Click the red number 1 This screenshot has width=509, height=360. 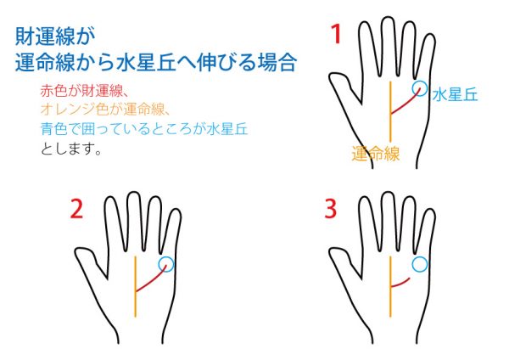pyautogui.click(x=336, y=34)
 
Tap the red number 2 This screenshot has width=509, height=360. pyautogui.click(x=76, y=209)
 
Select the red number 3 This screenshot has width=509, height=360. pyautogui.click(x=331, y=209)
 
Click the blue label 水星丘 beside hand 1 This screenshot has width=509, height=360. pyautogui.click(x=455, y=94)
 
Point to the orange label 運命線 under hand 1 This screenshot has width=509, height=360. pyautogui.click(x=376, y=154)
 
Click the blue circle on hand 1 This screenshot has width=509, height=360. pyautogui.click(x=420, y=82)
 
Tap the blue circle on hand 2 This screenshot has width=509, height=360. pyautogui.click(x=166, y=256)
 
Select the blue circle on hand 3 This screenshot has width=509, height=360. pyautogui.click(x=420, y=256)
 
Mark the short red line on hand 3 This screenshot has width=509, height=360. pyautogui.click(x=400, y=284)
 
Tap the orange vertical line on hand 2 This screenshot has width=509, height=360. pyautogui.click(x=136, y=286)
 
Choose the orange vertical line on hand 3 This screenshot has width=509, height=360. pyautogui.click(x=390, y=286)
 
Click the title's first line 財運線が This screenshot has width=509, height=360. pyautogui.click(x=55, y=37)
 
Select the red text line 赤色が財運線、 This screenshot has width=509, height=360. pyautogui.click(x=85, y=91)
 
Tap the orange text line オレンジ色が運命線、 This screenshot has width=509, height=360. pyautogui.click(x=105, y=110)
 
